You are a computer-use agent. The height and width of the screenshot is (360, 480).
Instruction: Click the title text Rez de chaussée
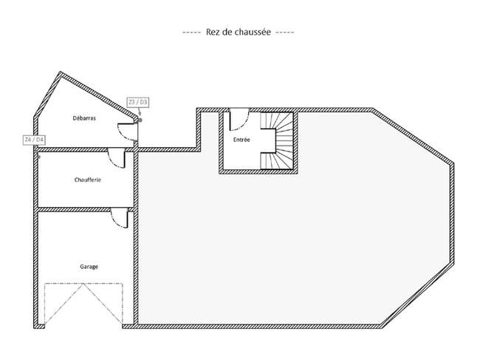[x=239, y=32]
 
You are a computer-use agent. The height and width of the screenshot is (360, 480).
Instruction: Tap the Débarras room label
[x=84, y=118]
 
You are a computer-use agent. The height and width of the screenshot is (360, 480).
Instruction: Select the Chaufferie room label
[x=88, y=180]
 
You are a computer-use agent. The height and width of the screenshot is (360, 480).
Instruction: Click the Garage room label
[x=89, y=267]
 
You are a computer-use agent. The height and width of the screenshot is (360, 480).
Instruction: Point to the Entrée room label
[x=241, y=140]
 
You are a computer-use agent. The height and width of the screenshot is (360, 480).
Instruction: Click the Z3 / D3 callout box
[x=138, y=102]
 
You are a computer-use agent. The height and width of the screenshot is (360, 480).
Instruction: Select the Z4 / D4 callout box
[x=35, y=140]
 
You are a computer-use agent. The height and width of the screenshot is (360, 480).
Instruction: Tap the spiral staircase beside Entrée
[x=276, y=140]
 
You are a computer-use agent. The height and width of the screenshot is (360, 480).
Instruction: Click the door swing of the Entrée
[x=239, y=120]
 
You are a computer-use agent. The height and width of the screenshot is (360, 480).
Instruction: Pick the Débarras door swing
[x=127, y=132]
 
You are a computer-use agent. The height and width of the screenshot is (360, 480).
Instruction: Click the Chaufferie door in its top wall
[x=117, y=157]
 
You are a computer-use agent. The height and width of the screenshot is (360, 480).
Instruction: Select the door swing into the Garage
[x=119, y=217]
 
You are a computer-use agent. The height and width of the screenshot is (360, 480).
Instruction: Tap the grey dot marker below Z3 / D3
[x=140, y=120]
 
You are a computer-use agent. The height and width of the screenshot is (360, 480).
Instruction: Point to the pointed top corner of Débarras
[x=61, y=72]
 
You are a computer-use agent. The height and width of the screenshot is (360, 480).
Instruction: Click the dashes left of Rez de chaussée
[x=192, y=33]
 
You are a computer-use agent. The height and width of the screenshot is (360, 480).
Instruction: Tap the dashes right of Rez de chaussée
[x=285, y=33]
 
